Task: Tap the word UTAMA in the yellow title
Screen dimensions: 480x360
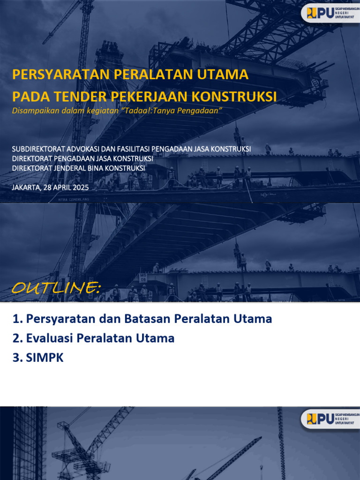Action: click(x=222, y=75)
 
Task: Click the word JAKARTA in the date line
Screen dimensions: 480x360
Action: click(x=26, y=187)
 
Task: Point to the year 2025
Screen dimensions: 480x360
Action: click(x=81, y=187)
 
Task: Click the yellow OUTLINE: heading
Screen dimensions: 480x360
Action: click(x=56, y=287)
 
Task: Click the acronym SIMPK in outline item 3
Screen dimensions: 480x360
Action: click(x=45, y=358)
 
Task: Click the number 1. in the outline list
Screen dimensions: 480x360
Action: click(x=18, y=319)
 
